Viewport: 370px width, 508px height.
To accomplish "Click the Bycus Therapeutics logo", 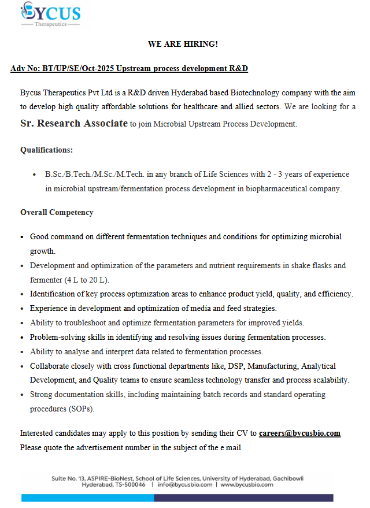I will [x=50, y=14].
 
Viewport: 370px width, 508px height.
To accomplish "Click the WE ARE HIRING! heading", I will [x=183, y=44].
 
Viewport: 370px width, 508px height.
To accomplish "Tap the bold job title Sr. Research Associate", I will [x=74, y=123].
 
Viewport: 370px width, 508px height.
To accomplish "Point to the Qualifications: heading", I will [x=46, y=150].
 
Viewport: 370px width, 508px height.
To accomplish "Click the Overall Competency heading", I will [x=57, y=213].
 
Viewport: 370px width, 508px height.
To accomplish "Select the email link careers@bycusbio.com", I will [x=299, y=433].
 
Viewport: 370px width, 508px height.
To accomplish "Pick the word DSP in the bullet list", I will [x=239, y=366].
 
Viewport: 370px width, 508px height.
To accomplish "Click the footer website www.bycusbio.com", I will [x=247, y=485].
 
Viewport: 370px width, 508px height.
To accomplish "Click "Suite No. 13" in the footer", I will [x=68, y=479].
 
